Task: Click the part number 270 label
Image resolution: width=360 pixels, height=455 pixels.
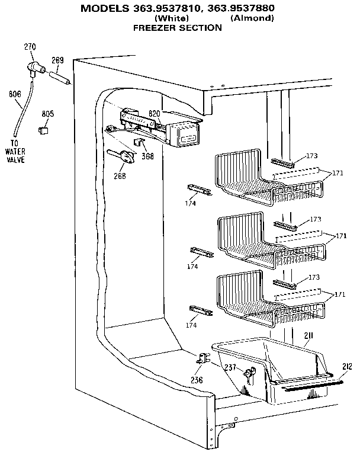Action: pos(30,47)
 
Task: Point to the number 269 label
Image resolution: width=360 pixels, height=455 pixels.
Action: pos(57,60)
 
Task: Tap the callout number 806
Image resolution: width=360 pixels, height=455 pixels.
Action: pos(15,94)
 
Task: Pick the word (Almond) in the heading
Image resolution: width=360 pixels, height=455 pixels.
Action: pos(252,18)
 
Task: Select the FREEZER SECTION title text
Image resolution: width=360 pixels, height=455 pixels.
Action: pos(177,27)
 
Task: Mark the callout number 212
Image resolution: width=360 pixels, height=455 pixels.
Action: pos(347,366)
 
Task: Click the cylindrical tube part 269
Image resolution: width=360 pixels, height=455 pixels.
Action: pos(62,77)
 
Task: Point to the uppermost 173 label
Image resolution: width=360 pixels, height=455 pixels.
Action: pos(312,156)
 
